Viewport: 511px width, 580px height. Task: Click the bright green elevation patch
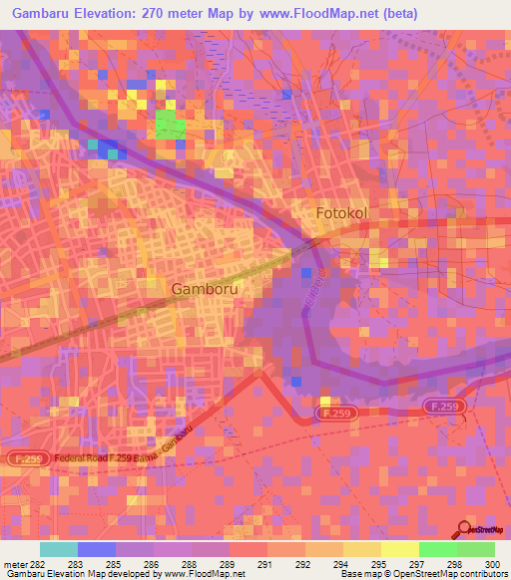[x=170, y=125]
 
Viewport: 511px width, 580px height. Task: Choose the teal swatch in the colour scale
[x=58, y=549]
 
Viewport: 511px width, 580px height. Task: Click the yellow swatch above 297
[x=399, y=549]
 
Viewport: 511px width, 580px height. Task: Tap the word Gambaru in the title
[x=45, y=13]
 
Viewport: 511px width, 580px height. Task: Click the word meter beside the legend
[x=14, y=563]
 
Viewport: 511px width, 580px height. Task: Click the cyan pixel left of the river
[x=93, y=144]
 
